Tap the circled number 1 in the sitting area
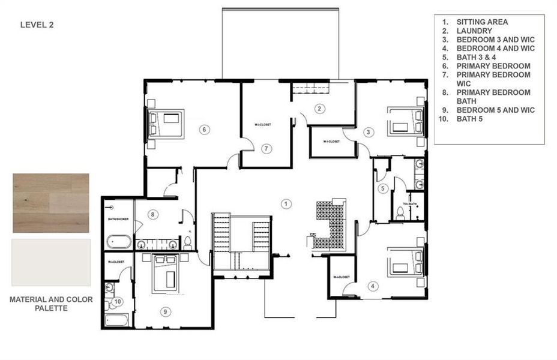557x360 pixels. click(x=287, y=203)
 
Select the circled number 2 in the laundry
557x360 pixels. click(x=321, y=109)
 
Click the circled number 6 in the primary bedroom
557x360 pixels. click(x=205, y=129)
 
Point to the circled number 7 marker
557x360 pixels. click(x=268, y=148)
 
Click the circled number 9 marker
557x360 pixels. click(x=166, y=311)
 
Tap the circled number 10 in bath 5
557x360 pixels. click(x=118, y=301)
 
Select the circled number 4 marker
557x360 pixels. click(x=373, y=286)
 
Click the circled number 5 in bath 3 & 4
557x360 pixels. click(x=383, y=188)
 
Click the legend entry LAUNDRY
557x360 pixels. click(x=474, y=31)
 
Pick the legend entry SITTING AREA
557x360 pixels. click(x=482, y=22)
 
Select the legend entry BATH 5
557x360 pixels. click(x=470, y=119)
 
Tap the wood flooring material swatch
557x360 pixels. click(x=51, y=203)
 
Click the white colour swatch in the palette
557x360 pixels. click(x=51, y=262)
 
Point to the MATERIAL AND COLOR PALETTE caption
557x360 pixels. click(x=51, y=304)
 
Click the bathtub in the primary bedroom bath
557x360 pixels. click(x=119, y=242)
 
